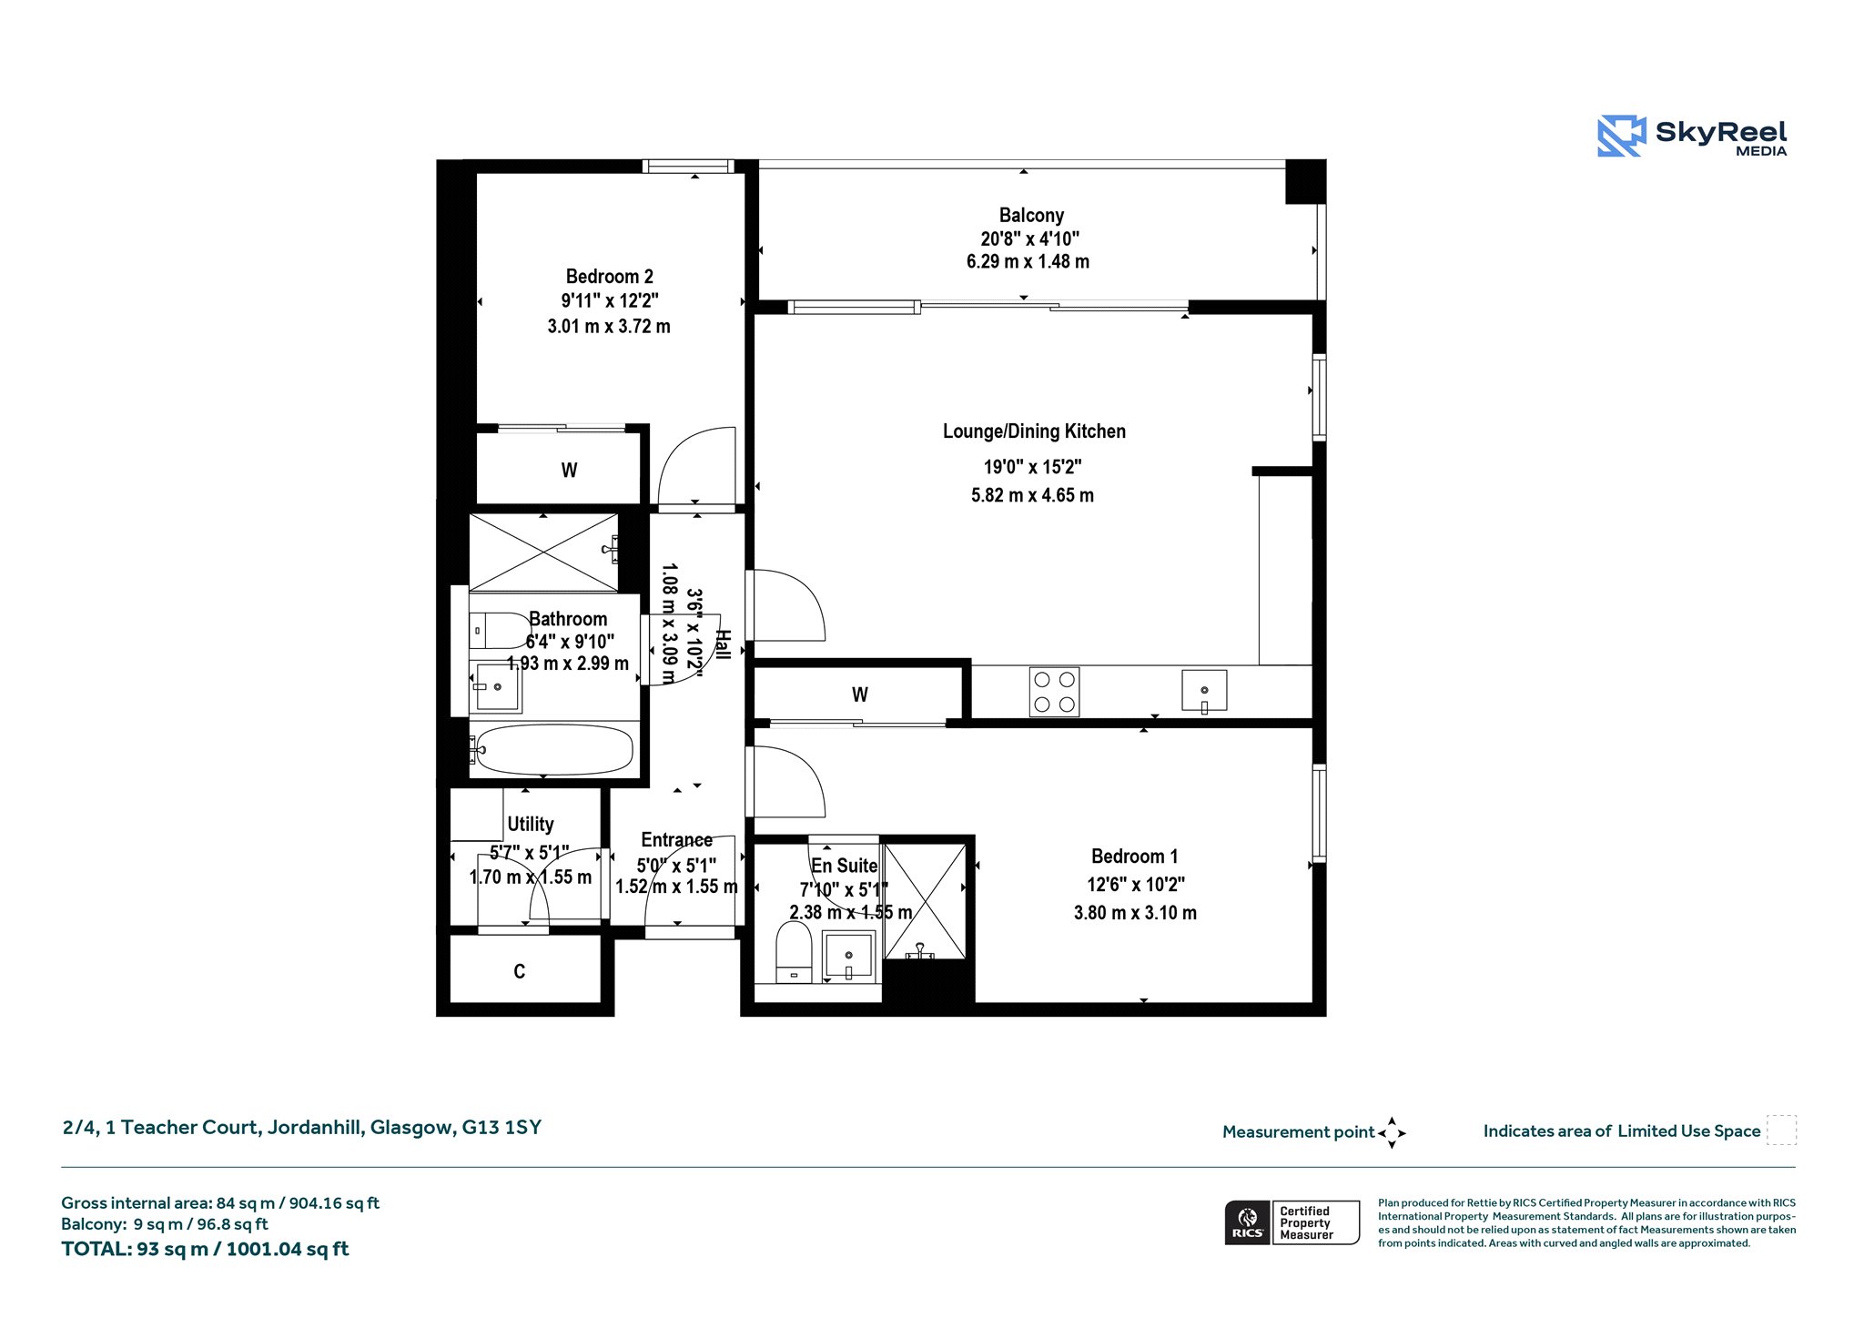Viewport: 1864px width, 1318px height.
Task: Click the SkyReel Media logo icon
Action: coord(1622,136)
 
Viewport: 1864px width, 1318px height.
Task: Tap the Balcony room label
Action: coord(1031,216)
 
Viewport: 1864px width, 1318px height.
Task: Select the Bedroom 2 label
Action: coord(609,277)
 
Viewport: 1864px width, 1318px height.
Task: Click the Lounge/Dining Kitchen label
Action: coord(1034,431)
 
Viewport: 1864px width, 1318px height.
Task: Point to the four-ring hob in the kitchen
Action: coord(1054,692)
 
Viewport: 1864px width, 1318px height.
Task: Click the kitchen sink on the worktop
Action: coord(1203,691)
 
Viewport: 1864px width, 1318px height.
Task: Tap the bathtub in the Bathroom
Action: coord(552,750)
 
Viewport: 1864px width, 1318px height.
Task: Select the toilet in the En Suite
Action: coord(794,952)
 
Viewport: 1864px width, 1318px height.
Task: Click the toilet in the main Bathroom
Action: coord(500,630)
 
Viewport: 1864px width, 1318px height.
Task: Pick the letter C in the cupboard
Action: coord(519,972)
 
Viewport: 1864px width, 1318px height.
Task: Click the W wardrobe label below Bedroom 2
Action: coord(569,471)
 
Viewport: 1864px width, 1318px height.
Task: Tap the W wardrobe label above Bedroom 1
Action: coord(860,695)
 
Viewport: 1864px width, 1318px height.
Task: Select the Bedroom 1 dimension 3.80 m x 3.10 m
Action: coord(1135,913)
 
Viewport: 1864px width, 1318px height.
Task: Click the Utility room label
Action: coord(531,825)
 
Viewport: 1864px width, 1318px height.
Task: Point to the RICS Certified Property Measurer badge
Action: coord(1292,1222)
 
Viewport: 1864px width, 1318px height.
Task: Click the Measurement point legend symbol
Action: coord(1392,1133)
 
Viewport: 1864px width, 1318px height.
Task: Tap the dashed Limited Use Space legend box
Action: coord(1781,1130)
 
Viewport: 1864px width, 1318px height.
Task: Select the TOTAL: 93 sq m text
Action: coord(136,1250)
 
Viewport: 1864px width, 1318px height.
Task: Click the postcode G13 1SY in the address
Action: coord(501,1128)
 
